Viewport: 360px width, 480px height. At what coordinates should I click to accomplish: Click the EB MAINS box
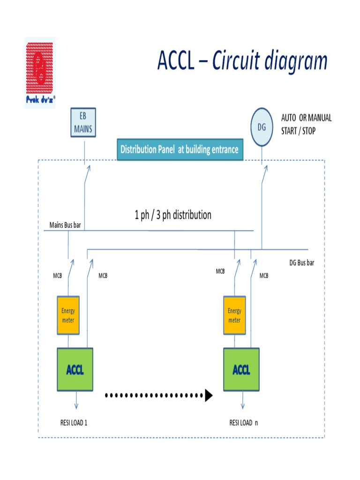(83, 122)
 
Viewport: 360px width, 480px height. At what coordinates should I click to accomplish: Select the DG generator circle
(262, 127)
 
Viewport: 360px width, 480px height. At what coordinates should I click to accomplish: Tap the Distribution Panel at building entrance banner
(180, 150)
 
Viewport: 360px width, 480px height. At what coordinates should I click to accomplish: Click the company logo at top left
(40, 73)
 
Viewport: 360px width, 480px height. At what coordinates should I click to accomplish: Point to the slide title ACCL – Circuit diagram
(242, 61)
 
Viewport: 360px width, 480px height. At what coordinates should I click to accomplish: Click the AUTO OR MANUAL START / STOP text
(306, 124)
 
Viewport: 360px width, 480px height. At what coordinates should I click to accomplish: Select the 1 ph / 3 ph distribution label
(173, 215)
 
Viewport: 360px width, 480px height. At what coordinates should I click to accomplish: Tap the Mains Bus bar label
(65, 225)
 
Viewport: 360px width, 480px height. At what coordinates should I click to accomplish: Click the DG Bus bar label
(301, 262)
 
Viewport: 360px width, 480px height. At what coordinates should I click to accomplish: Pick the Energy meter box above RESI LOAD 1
(68, 315)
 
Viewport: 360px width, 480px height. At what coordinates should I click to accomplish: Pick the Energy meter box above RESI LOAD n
(234, 315)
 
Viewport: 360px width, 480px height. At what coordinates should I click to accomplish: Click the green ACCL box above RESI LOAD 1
(75, 369)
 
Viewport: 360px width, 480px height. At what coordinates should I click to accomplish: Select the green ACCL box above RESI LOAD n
(241, 369)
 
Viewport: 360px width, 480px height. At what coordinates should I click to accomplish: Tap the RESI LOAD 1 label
(74, 423)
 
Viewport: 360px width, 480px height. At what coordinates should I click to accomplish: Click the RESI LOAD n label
(244, 423)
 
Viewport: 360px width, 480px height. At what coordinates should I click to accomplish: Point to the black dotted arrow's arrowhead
(209, 396)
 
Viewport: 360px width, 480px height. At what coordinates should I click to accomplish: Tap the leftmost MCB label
(57, 276)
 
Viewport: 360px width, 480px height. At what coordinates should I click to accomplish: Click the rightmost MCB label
(264, 276)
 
